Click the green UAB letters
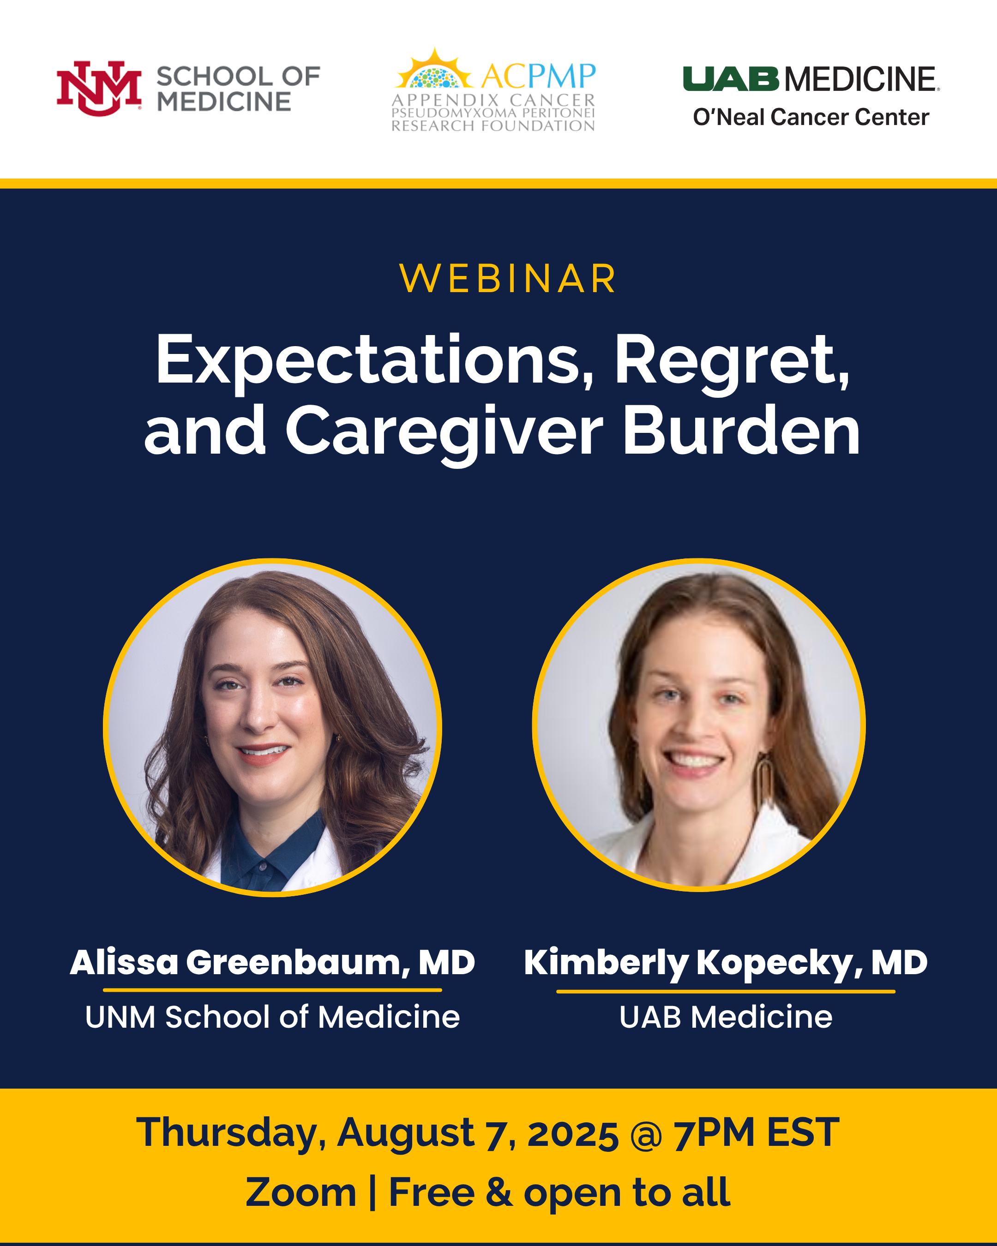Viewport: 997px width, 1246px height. pyautogui.click(x=731, y=79)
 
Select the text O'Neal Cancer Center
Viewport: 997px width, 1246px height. pyautogui.click(x=811, y=117)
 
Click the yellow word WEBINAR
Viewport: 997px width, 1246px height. pyautogui.click(x=508, y=279)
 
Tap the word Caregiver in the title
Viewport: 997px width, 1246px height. pyautogui.click(x=444, y=432)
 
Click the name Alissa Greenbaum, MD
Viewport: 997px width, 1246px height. pyautogui.click(x=272, y=963)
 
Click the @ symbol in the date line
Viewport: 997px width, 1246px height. pyautogui.click(x=646, y=1134)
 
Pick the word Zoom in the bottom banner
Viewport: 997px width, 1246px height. pyautogui.click(x=300, y=1192)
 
